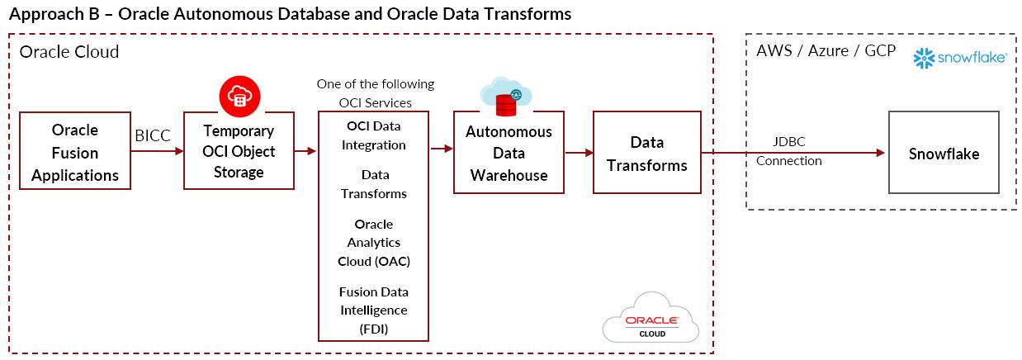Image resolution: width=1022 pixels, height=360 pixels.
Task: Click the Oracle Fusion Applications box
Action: coord(74,152)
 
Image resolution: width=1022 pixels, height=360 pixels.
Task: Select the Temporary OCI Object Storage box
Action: coord(238,152)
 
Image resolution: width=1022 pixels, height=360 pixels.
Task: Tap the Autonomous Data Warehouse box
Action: coord(509,154)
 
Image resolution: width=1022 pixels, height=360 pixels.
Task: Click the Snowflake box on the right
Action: coord(944,154)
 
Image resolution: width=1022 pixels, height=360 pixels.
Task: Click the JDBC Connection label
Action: coord(788,153)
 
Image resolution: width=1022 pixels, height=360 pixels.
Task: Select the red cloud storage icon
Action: coord(239,96)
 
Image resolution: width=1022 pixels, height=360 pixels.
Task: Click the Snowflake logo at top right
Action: coord(960,58)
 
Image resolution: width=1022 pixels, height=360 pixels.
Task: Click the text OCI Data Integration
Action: coord(375,135)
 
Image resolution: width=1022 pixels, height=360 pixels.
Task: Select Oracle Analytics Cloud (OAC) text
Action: coord(374,243)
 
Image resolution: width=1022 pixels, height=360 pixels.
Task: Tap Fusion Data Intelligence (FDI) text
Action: coord(374,310)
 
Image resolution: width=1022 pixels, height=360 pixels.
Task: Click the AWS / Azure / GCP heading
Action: coord(826,50)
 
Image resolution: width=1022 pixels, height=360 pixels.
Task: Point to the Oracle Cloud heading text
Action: coord(69,52)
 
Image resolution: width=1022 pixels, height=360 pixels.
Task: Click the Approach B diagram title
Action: coord(290,14)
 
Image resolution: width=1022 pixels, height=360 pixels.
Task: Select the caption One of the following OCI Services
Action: coord(376,93)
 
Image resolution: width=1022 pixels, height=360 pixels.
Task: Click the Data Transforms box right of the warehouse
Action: coord(646,154)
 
